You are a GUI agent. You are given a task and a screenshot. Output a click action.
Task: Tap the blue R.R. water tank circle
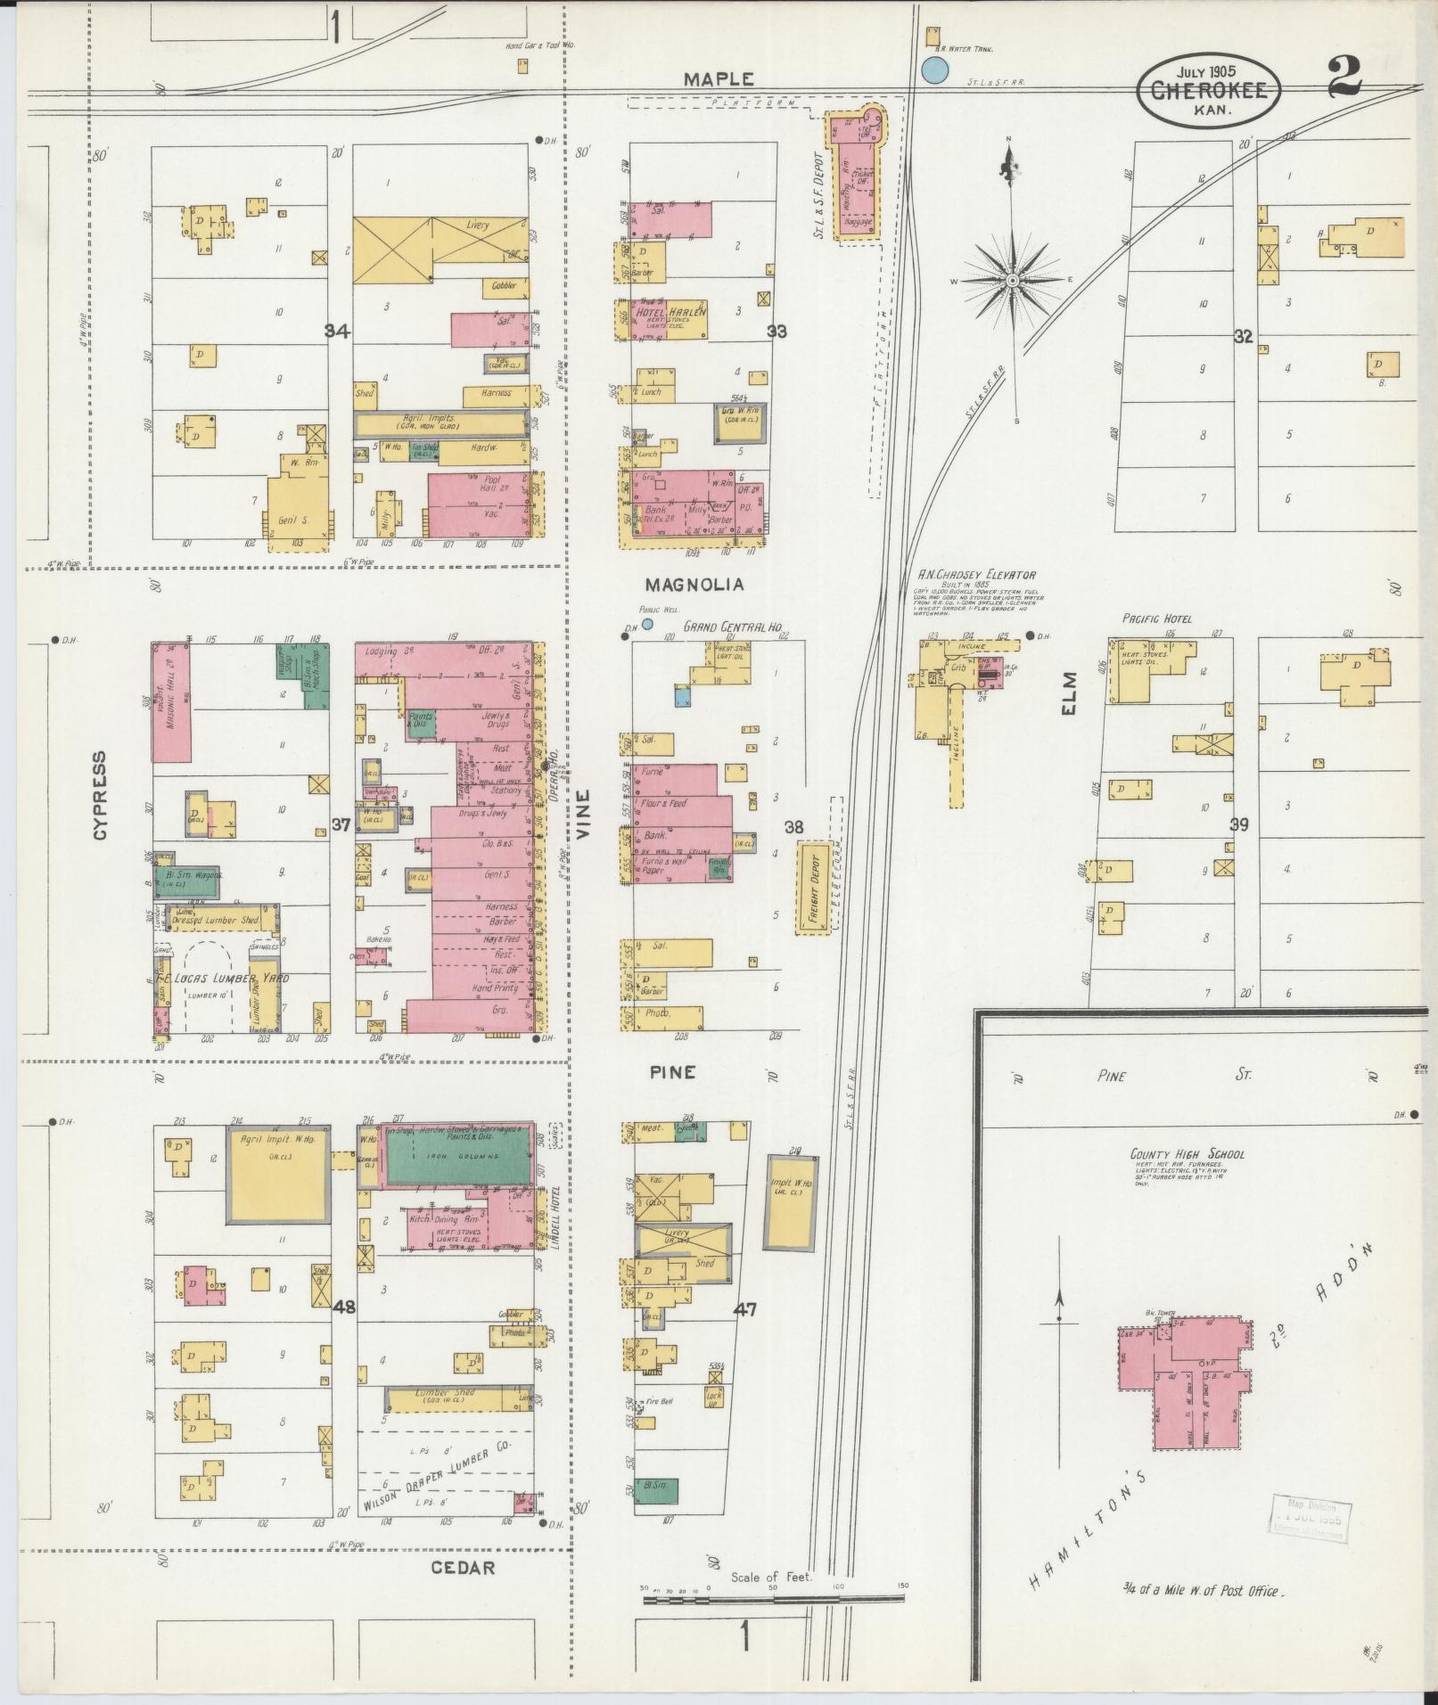933,70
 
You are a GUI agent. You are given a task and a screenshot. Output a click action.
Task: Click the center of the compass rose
1013,281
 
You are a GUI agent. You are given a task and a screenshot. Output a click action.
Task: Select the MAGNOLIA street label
694,585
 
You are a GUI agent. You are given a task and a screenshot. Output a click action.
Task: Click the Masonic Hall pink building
171,703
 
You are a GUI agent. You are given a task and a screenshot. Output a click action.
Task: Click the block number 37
341,825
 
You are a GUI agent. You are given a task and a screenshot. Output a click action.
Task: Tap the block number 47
745,1309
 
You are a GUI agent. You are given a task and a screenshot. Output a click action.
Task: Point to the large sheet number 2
1344,78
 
